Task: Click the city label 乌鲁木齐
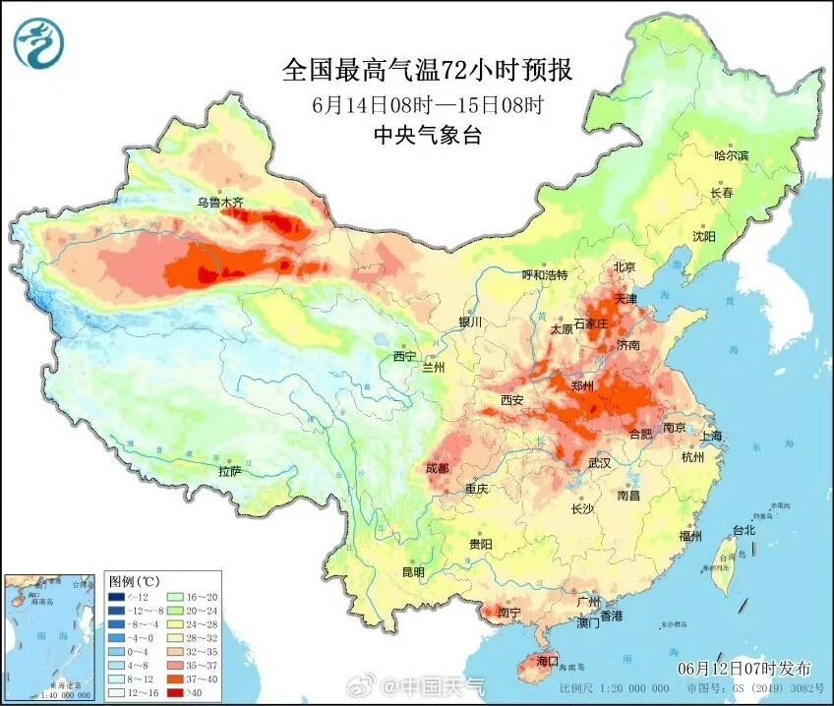pyautogui.click(x=218, y=203)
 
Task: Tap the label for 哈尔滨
pyautogui.click(x=731, y=155)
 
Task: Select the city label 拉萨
pyautogui.click(x=229, y=471)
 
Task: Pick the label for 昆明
pyautogui.click(x=413, y=572)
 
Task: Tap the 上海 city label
pyautogui.click(x=710, y=436)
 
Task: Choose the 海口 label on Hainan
pyautogui.click(x=545, y=660)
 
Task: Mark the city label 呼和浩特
pyautogui.click(x=544, y=275)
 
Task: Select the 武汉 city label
pyautogui.click(x=599, y=462)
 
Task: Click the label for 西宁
pyautogui.click(x=404, y=356)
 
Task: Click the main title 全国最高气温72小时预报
pyautogui.click(x=427, y=70)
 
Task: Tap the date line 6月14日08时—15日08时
pyautogui.click(x=427, y=104)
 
